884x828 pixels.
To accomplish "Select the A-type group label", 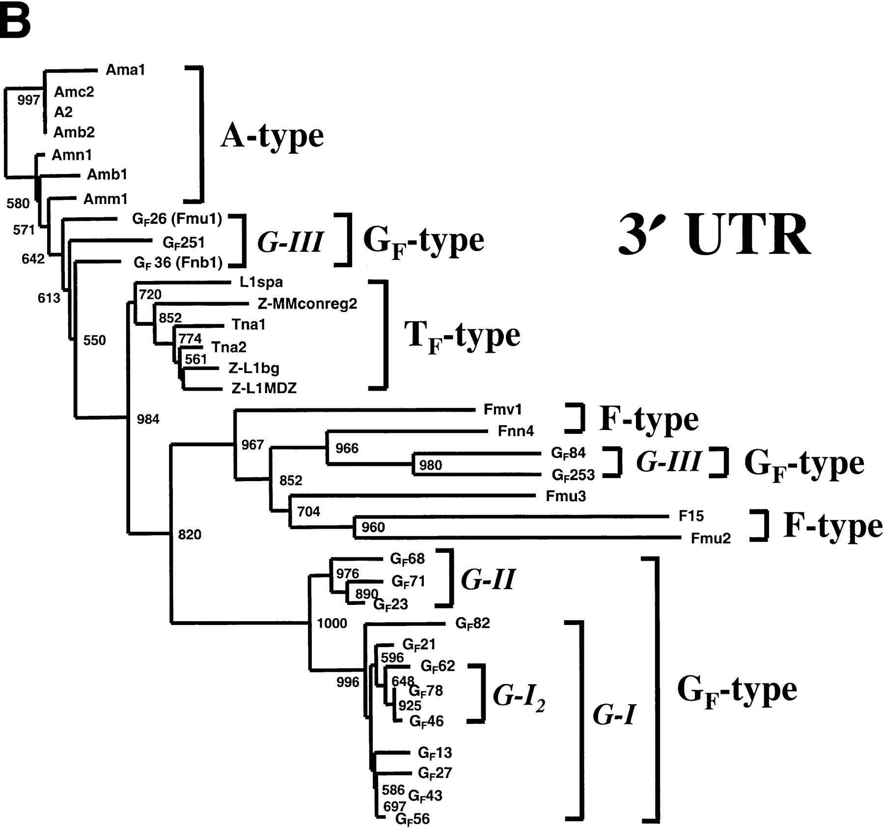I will click(272, 135).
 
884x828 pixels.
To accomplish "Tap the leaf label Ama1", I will click(126, 70).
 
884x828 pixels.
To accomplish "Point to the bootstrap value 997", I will click(28, 100).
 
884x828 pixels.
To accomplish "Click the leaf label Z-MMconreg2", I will click(307, 304).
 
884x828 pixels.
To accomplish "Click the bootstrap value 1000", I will click(332, 624).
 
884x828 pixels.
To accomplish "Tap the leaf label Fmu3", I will click(566, 496).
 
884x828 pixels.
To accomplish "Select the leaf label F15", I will click(691, 516).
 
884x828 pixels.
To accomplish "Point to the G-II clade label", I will click(488, 579).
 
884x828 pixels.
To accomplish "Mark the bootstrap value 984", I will click(148, 419).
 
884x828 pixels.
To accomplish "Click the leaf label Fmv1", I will click(503, 409).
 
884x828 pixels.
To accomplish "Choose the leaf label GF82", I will click(472, 624).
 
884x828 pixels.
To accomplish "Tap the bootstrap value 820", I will click(190, 535).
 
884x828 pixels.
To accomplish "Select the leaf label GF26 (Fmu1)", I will click(177, 219).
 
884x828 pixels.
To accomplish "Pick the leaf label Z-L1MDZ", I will click(264, 389).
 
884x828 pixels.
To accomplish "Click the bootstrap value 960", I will click(373, 528).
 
